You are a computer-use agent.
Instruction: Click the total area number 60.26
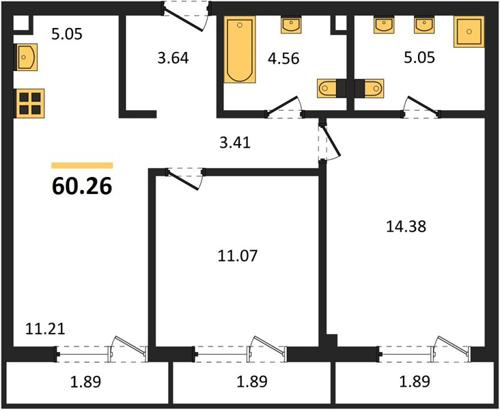point(82,186)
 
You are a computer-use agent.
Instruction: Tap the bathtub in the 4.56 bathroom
point(240,50)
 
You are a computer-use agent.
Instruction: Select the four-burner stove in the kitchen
point(29,103)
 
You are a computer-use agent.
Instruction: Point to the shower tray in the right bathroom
point(469,31)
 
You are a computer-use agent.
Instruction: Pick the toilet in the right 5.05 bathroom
point(370,88)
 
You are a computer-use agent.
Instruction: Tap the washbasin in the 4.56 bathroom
point(291,25)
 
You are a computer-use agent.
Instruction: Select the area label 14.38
point(406,227)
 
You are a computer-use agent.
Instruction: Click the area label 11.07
point(238,256)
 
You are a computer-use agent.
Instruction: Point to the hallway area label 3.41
point(236,143)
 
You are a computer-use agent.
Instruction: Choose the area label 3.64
point(173,58)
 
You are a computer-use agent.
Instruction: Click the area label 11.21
point(45,329)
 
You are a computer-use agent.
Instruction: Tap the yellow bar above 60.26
point(82,165)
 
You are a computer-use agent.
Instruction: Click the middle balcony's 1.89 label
point(252,381)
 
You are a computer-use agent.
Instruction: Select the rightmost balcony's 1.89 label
point(415,381)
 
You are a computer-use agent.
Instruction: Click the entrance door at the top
point(186,15)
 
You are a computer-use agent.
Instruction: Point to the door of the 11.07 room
point(185,178)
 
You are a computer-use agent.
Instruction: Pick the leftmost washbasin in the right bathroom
point(384,25)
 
